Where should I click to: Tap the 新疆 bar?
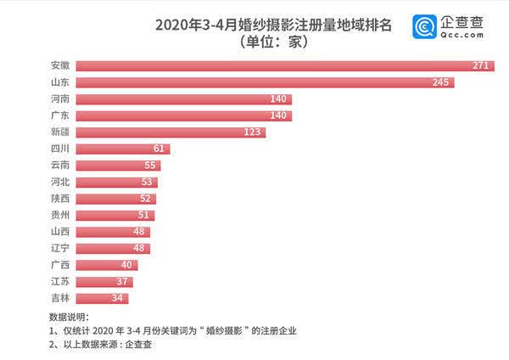tap(171, 132)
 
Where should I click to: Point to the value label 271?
tap(484, 65)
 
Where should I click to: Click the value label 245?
tap(443, 82)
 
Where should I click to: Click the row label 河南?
tap(60, 99)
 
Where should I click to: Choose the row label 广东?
tap(60, 115)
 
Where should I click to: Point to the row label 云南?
tap(60, 165)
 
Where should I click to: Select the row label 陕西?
tap(60, 198)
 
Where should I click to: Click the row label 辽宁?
tap(60, 248)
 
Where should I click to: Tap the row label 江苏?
tap(60, 281)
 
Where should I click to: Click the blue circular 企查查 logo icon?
tap(422, 28)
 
